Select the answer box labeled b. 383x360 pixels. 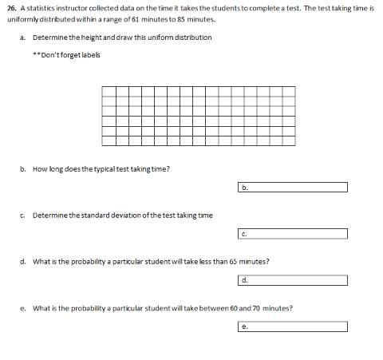coord(292,188)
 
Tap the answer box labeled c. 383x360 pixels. coord(292,234)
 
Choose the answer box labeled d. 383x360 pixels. coord(292,280)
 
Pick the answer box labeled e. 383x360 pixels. coord(292,326)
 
